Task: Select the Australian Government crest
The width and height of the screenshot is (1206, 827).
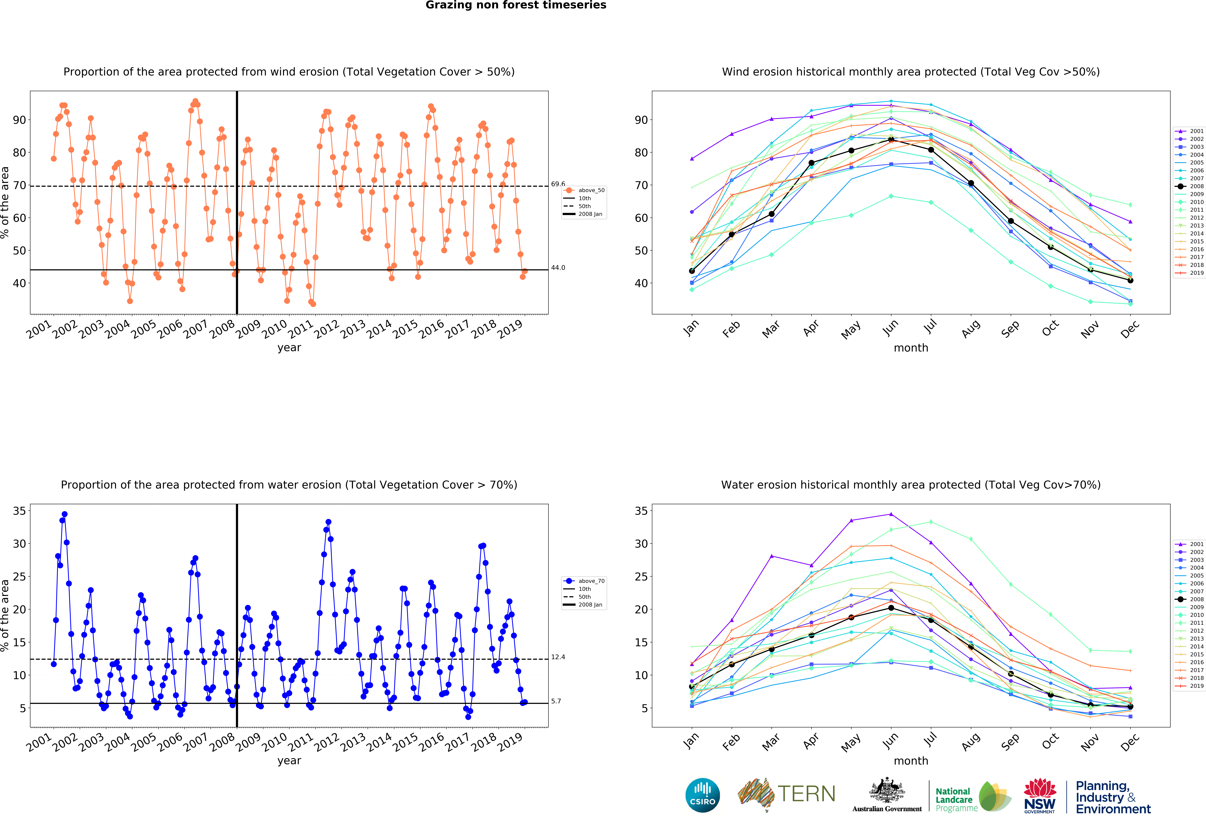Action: tap(887, 790)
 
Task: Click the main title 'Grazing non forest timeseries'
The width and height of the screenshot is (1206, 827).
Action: tap(516, 5)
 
